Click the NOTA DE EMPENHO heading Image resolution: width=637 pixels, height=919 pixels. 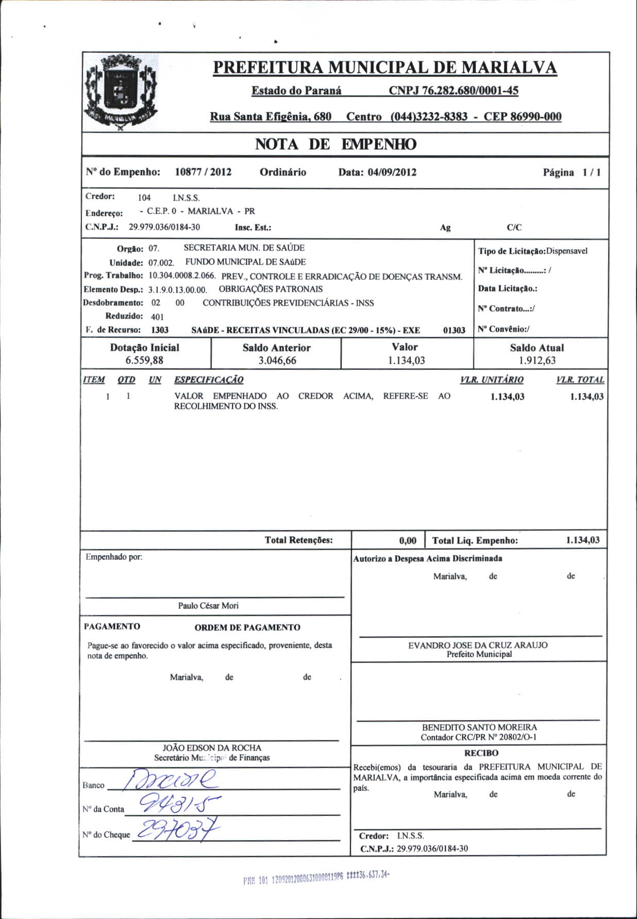pos(336,144)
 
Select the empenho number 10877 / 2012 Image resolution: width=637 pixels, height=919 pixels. pos(203,172)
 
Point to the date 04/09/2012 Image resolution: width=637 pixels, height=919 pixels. pos(392,173)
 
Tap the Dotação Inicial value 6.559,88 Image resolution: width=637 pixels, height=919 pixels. pos(144,361)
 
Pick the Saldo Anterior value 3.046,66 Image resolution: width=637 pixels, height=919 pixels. pos(277,361)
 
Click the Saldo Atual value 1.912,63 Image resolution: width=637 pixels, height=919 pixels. pos(537,361)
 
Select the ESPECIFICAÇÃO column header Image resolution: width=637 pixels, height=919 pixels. pos(209,380)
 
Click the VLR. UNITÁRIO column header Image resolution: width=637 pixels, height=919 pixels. pos(492,380)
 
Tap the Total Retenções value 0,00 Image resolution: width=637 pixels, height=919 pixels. pos(408,540)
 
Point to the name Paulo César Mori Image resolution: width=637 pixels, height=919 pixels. pos(208,606)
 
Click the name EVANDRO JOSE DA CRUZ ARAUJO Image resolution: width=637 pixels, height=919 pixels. pos(478,645)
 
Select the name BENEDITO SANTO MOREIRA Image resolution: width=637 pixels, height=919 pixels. pos(479,727)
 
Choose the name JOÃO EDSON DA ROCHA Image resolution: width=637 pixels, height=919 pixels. pos(212,747)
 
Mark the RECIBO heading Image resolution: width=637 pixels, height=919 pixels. pos(481,753)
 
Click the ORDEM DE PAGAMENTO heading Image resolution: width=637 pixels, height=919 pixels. pos(247,627)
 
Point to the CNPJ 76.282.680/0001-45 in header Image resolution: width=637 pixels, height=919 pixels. pos(454,91)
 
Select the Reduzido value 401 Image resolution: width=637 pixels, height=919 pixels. pos(157,317)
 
